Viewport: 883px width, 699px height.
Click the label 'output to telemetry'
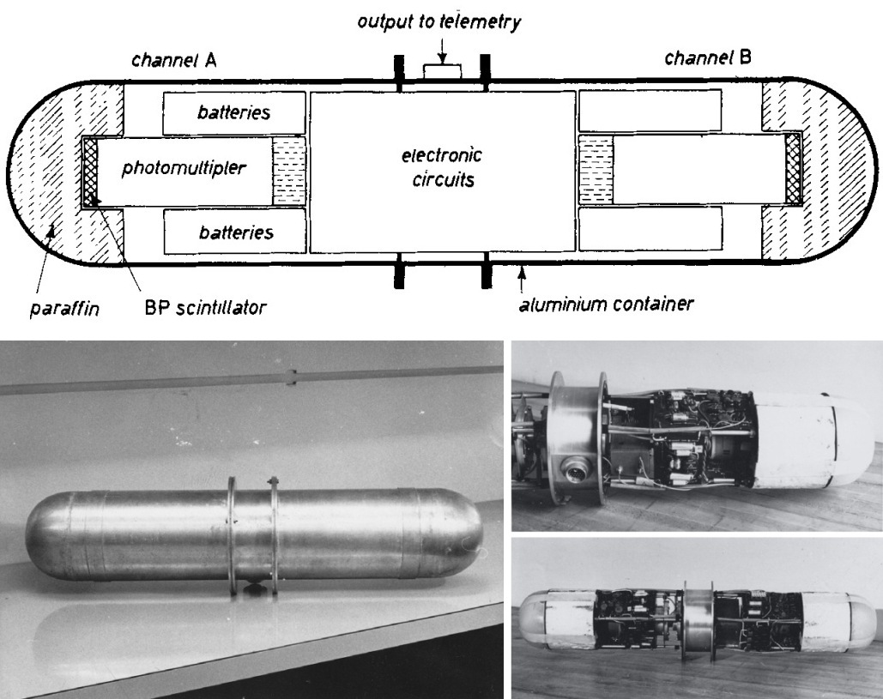click(x=440, y=21)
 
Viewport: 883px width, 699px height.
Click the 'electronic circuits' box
click(x=442, y=171)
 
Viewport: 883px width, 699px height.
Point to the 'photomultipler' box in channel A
click(x=184, y=170)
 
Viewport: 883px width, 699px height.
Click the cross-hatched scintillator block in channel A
click(x=89, y=171)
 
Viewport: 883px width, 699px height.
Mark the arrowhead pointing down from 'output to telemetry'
click(x=440, y=63)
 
